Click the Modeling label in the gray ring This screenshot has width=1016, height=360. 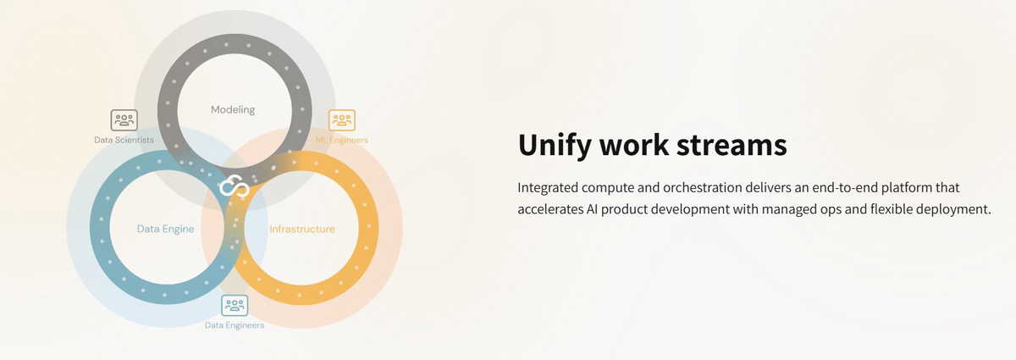(233, 110)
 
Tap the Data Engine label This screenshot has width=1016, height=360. (166, 230)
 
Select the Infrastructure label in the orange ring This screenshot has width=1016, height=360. (302, 229)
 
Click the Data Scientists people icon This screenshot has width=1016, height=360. (124, 120)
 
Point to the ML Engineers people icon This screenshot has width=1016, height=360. (341, 120)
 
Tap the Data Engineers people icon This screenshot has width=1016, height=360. (235, 306)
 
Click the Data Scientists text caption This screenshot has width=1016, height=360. (124, 140)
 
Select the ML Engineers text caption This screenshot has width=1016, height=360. (341, 140)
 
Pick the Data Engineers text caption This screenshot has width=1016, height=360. (235, 325)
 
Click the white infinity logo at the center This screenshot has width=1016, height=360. (234, 186)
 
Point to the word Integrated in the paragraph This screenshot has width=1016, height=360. (548, 188)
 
